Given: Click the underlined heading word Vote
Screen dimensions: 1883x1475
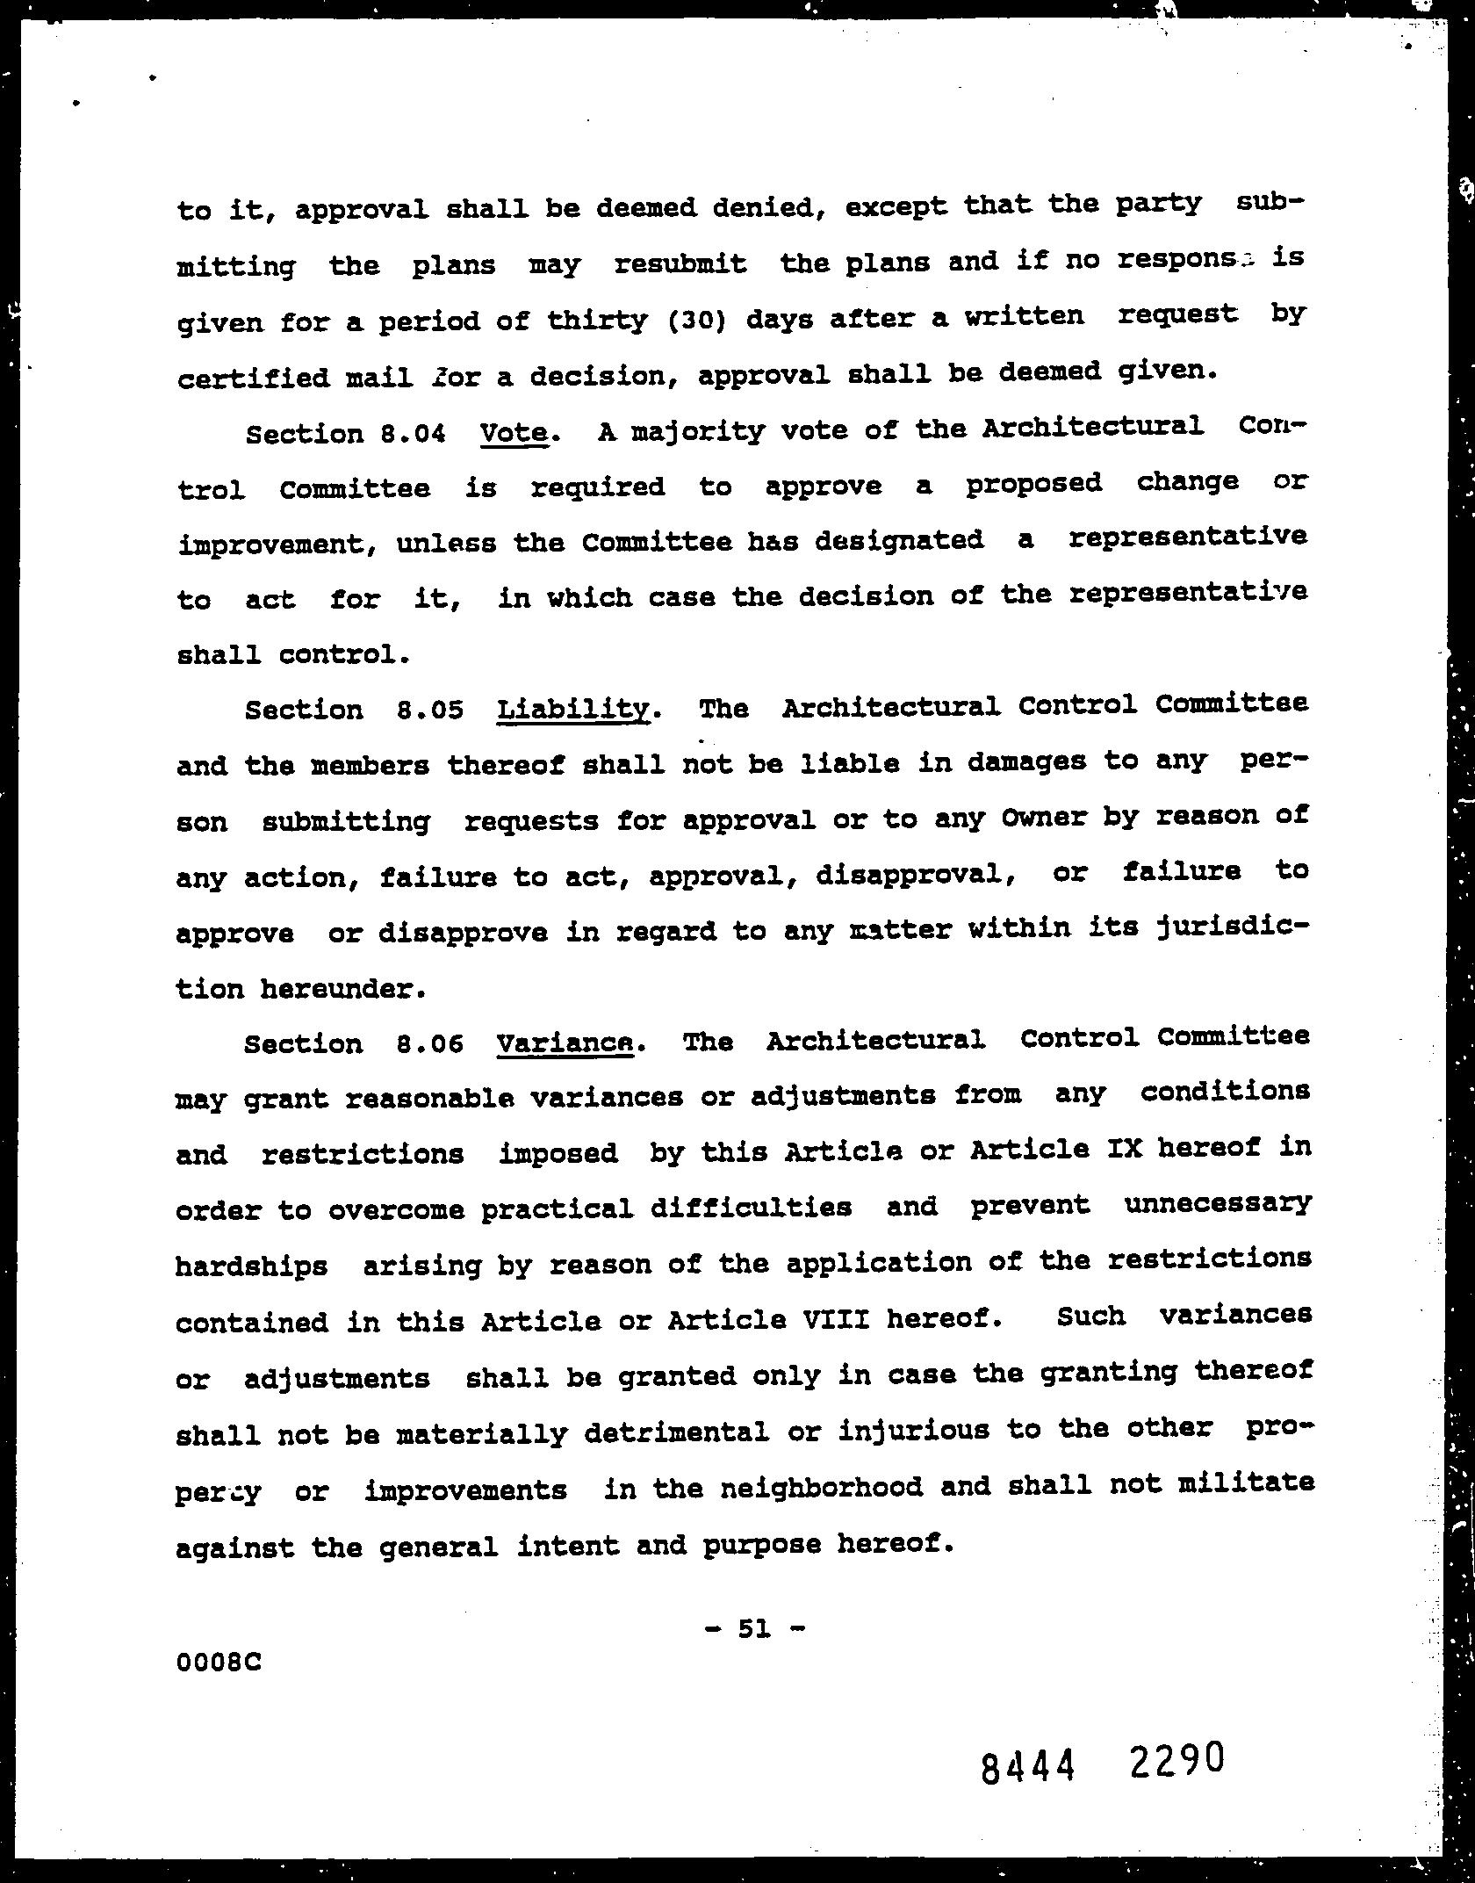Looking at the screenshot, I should point(514,433).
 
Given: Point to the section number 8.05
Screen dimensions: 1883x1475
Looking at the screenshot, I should point(429,710).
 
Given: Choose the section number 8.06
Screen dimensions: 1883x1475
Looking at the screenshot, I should point(429,1044).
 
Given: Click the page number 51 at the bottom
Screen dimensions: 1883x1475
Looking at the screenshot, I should point(754,1629).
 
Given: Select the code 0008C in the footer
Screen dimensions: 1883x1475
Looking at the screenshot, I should point(219,1663).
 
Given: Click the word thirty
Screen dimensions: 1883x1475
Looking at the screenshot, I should point(598,320).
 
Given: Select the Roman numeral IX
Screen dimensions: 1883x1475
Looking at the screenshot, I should point(1125,1149).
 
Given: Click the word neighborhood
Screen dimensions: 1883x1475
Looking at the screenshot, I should point(821,1487).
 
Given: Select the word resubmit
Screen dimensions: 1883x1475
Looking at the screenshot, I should point(680,263).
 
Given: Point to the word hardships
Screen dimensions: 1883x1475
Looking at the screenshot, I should point(252,1266).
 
